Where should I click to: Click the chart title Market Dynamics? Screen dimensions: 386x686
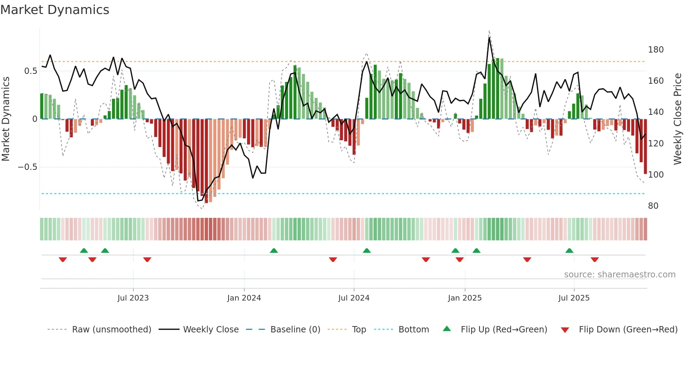[55, 10]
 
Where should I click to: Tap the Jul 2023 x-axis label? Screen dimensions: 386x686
[133, 298]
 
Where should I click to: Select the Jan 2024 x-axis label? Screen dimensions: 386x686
[244, 298]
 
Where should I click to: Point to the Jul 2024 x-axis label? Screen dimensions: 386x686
[354, 298]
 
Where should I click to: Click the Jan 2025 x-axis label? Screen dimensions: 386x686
[465, 298]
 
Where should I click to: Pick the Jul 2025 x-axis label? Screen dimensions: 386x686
[574, 298]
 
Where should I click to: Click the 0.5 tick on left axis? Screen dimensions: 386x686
[31, 71]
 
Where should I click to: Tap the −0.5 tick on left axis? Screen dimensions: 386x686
[28, 167]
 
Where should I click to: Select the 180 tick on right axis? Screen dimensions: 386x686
[656, 50]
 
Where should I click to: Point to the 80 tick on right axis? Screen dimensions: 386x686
[653, 206]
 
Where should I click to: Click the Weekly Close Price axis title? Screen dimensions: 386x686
[678, 119]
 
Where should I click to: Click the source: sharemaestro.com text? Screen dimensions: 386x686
[619, 275]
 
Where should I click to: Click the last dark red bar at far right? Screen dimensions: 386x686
[645, 147]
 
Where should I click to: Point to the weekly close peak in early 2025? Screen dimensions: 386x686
[489, 37]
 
